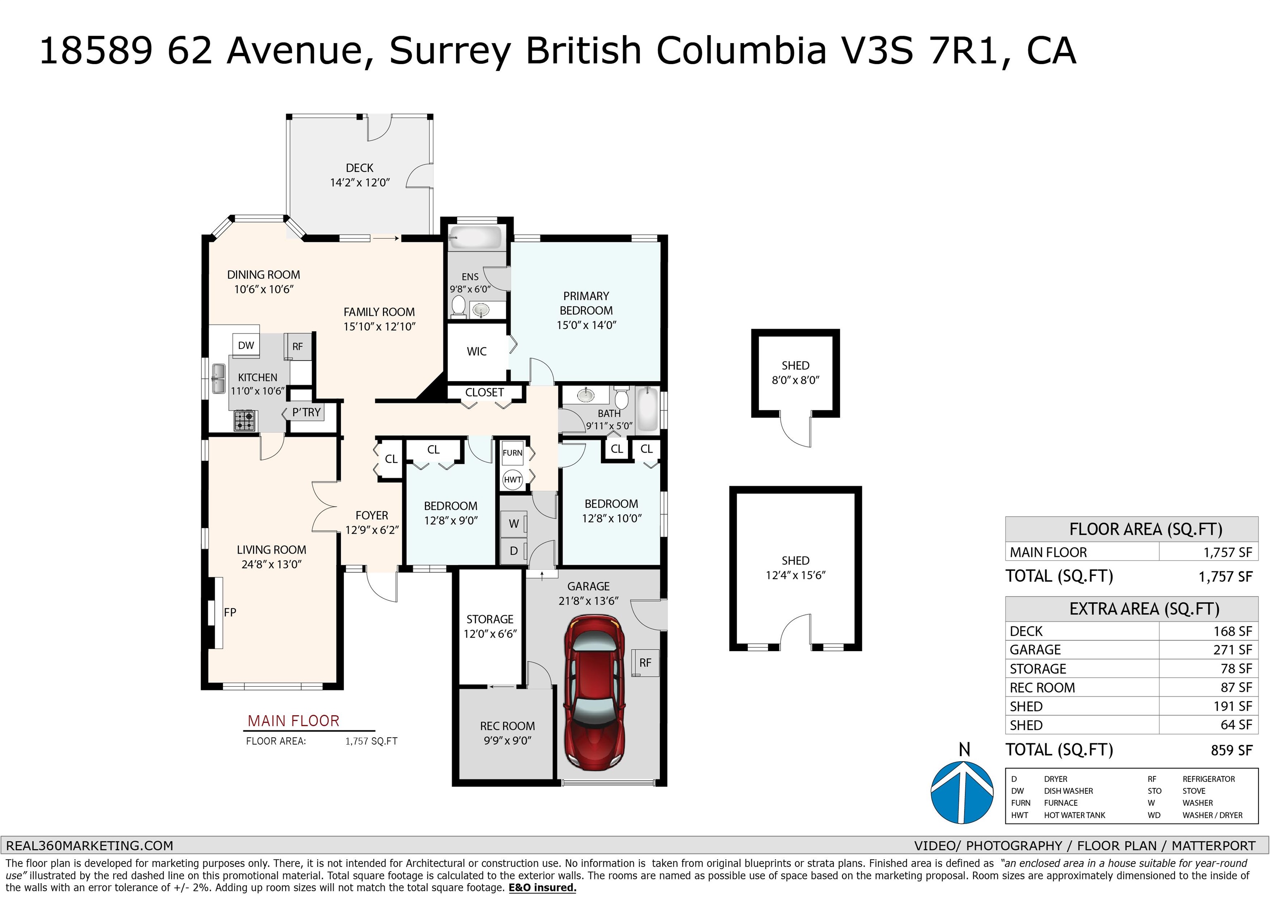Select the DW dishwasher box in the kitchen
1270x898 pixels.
(246, 345)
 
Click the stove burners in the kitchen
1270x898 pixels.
(244, 420)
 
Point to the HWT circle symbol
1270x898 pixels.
(513, 480)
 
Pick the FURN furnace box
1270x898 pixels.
(512, 453)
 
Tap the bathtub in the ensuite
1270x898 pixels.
(476, 237)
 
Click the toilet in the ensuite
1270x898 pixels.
(458, 307)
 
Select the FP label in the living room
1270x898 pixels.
(230, 612)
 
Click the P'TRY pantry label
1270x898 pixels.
(306, 412)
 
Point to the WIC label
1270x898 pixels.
(477, 351)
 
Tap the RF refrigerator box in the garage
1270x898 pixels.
(645, 663)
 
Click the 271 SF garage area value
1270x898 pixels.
(1232, 650)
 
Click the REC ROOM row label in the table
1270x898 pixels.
(1042, 688)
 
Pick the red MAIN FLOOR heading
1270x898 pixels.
(293, 721)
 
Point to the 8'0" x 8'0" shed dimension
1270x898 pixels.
(795, 380)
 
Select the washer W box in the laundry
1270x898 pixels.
(514, 523)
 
